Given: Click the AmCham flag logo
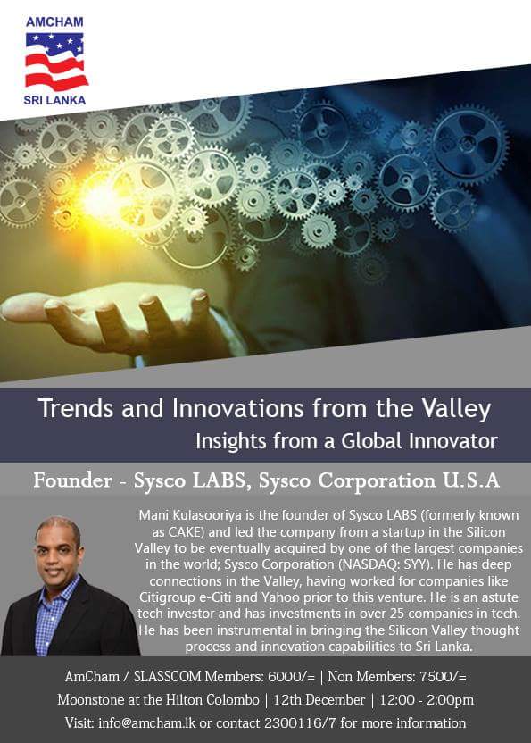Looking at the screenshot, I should (54, 61).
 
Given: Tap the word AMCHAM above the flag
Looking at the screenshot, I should (55, 20).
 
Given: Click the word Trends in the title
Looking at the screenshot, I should (72, 410).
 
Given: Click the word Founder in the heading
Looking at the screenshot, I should (71, 480).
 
